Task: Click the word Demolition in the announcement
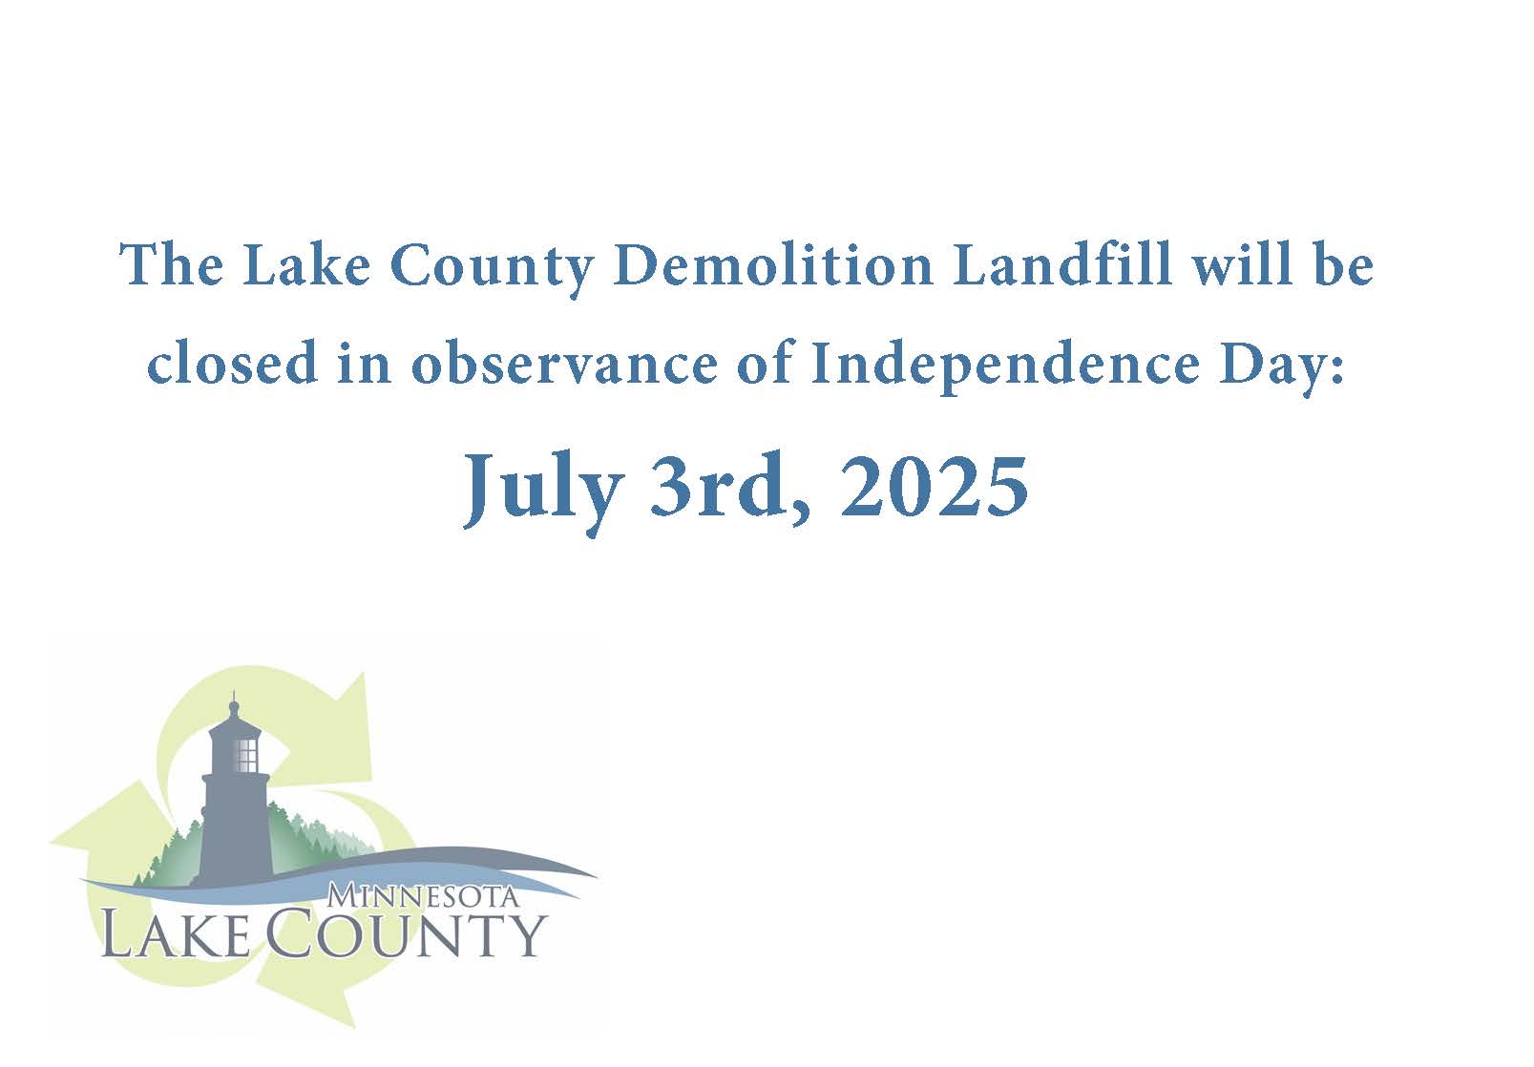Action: [x=773, y=265]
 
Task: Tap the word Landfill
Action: [x=1061, y=264]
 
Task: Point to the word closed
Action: [x=232, y=363]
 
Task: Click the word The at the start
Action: [x=171, y=264]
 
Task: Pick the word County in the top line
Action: [x=491, y=268]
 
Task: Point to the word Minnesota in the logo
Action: [x=422, y=896]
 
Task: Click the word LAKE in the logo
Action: [x=176, y=932]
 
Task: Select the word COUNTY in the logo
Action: [x=406, y=932]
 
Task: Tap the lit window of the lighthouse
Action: [x=246, y=754]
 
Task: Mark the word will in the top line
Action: [x=1241, y=264]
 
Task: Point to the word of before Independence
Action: [x=765, y=363]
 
